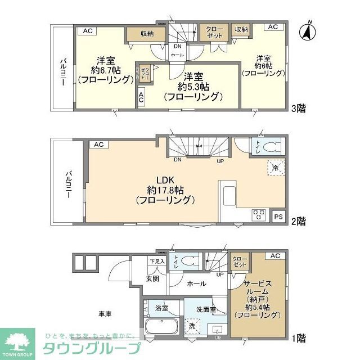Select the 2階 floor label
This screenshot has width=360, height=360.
(x=299, y=222)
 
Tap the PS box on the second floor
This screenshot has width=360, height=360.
(x=278, y=216)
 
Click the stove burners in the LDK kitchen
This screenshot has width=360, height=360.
(x=259, y=214)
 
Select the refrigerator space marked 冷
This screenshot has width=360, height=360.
(x=276, y=168)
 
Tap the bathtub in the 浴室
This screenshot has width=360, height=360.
(x=162, y=326)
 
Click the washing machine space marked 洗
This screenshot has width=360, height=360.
(x=192, y=326)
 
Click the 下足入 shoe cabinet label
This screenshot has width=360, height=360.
(x=157, y=261)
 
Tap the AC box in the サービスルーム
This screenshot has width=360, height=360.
(x=274, y=256)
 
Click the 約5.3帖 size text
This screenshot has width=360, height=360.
(x=193, y=87)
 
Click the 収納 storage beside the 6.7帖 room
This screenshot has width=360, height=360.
(x=147, y=34)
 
